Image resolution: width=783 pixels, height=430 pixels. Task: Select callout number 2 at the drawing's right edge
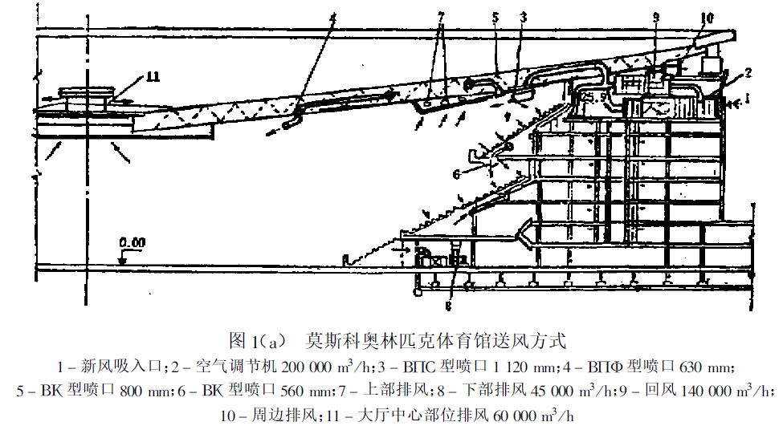748,73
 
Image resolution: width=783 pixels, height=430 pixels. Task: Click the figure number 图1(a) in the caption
257,341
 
